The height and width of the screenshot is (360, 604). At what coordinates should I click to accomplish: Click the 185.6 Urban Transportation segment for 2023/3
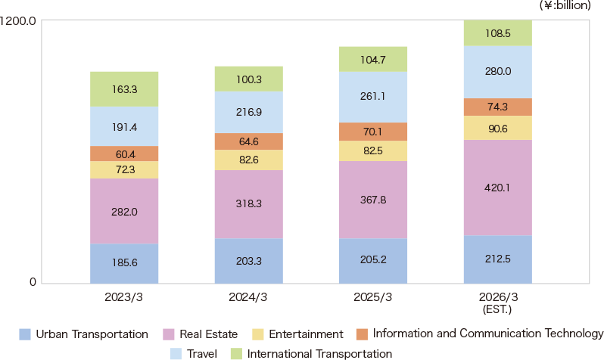click(x=124, y=264)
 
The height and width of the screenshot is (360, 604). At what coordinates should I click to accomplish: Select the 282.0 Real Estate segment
click(x=124, y=212)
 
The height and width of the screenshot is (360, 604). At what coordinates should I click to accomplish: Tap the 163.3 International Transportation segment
click(x=124, y=89)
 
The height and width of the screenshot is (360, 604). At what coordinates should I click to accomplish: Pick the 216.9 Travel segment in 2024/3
click(x=248, y=113)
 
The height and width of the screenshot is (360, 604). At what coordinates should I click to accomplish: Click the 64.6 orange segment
click(x=248, y=141)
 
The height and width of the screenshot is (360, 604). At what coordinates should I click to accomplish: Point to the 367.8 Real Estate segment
click(x=373, y=200)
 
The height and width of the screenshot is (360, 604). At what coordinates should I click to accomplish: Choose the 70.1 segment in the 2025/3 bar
click(x=373, y=132)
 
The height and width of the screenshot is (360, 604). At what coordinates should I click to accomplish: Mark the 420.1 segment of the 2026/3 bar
click(x=497, y=188)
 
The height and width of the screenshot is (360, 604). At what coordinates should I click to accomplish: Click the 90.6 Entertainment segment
click(x=497, y=128)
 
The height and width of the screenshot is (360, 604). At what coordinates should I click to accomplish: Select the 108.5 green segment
click(x=497, y=34)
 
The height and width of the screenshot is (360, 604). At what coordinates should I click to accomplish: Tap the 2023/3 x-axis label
click(x=124, y=297)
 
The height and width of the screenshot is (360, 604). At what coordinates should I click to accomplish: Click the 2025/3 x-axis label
click(x=373, y=297)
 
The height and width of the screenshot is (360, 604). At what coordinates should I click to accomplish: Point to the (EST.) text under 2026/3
click(x=497, y=309)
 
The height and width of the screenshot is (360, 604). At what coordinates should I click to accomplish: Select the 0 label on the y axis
click(x=33, y=283)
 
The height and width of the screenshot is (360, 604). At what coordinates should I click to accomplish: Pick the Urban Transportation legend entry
click(x=84, y=334)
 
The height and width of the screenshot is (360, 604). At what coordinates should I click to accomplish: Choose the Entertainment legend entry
click(x=298, y=334)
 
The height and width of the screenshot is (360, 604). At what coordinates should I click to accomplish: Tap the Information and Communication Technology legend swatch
click(x=361, y=334)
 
